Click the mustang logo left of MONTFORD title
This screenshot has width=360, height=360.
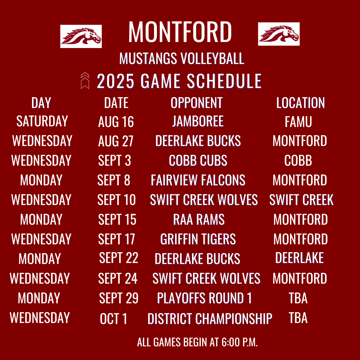coord(81,36)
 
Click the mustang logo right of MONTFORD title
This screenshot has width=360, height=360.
coord(279,34)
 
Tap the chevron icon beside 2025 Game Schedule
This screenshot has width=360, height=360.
coord(85,81)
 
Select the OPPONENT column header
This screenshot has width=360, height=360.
coord(197,103)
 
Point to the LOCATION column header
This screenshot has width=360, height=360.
coord(301,103)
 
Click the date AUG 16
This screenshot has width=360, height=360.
coord(116,122)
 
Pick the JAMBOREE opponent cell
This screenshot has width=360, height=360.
coord(198,121)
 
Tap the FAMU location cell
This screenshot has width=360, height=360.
coord(298,122)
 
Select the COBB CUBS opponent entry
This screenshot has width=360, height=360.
coord(198,160)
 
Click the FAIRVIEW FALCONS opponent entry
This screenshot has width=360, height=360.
coord(198,180)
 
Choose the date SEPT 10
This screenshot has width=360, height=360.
coord(116,200)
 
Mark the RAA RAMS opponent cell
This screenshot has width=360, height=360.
coord(199,219)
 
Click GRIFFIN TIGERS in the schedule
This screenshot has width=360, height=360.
coord(198,239)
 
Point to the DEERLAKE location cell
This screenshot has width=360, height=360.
coord(299,258)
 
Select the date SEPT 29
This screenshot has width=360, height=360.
coord(119,298)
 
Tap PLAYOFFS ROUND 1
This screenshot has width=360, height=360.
coord(204,298)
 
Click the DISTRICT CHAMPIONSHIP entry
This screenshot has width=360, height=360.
coord(210,319)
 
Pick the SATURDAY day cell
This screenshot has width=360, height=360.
coord(42,121)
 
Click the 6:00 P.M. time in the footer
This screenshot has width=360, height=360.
coord(239,342)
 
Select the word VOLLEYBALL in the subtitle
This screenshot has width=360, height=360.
coord(212,59)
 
